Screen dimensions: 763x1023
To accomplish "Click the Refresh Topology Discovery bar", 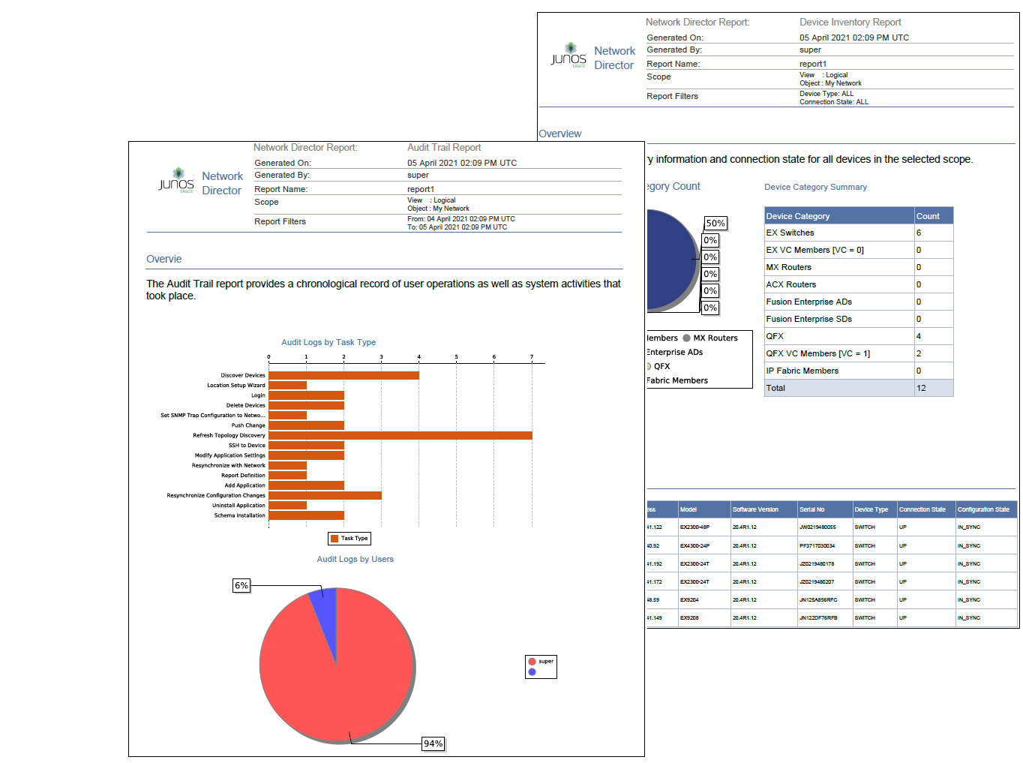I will tap(400, 435).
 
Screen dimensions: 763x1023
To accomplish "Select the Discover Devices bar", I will tap(343, 375).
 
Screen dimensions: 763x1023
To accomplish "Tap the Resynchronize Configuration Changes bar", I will tap(325, 495).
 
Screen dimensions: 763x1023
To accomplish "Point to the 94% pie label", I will tap(433, 743).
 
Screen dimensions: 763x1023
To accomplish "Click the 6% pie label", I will tap(241, 585).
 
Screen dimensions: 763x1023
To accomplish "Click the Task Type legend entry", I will tap(349, 538).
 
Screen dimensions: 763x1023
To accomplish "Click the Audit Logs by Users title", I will tap(355, 559).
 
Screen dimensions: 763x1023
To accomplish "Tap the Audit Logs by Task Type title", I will tap(328, 342).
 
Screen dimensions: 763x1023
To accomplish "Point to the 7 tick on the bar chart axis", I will tap(532, 357).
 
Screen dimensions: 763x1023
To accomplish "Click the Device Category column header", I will tap(798, 216).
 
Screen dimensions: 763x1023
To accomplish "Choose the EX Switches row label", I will tap(790, 233).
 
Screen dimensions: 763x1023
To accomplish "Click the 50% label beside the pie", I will tap(715, 223).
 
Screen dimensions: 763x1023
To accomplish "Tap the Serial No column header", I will tap(812, 509).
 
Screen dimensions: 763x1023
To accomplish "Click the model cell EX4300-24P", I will tap(694, 545).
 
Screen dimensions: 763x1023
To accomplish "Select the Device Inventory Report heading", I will tap(850, 23).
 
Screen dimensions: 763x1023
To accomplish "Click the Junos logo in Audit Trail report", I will tap(177, 181).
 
